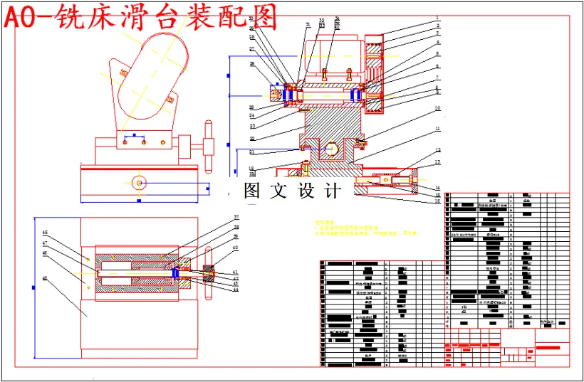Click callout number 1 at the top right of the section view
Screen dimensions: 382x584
(x=438, y=18)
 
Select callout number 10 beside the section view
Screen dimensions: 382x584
(x=438, y=108)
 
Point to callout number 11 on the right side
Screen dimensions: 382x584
(x=438, y=129)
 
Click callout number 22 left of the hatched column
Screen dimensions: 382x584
(x=252, y=138)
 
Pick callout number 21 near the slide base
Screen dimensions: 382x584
(x=252, y=152)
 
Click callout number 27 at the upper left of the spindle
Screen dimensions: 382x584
(x=252, y=48)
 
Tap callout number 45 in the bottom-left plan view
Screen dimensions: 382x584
(x=45, y=278)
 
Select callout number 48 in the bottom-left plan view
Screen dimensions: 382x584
(x=45, y=233)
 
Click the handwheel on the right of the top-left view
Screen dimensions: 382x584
(x=209, y=146)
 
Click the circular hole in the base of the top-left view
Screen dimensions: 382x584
(x=140, y=184)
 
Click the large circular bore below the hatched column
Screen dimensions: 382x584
(x=330, y=150)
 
